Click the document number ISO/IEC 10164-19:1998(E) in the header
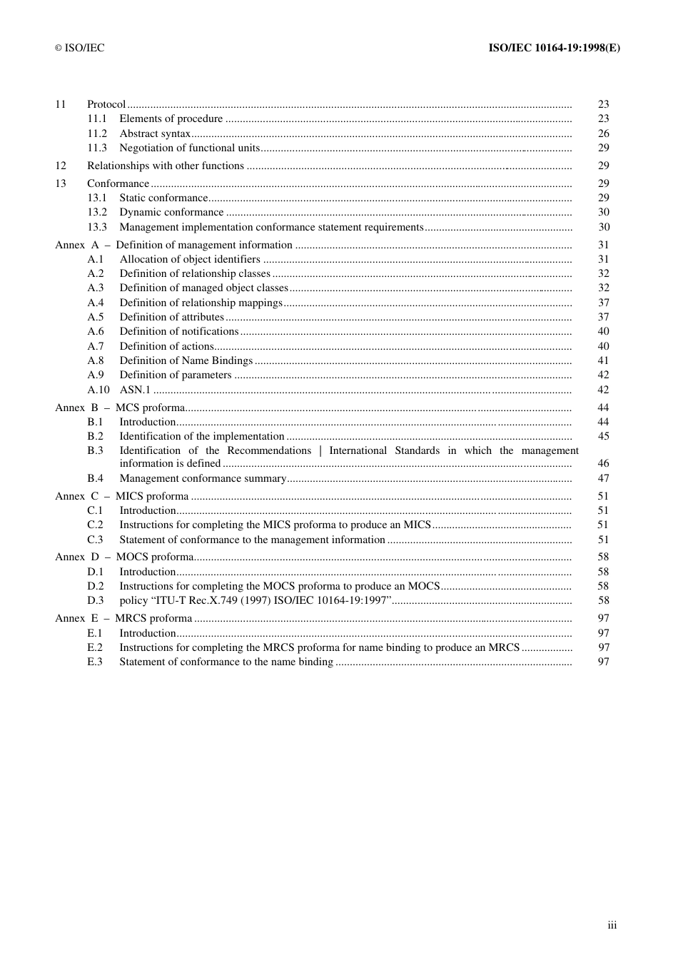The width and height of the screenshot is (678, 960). click(554, 48)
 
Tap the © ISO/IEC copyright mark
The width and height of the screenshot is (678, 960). click(80, 48)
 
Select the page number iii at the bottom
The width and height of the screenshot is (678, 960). click(612, 925)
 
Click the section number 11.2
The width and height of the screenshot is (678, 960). click(97, 133)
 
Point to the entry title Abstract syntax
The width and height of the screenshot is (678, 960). click(155, 133)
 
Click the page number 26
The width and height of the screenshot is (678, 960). click(604, 133)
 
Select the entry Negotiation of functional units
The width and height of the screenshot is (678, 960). click(190, 148)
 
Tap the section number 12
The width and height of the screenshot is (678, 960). click(61, 166)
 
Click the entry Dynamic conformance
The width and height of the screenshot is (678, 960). click(171, 212)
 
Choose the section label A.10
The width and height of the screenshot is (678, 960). click(98, 390)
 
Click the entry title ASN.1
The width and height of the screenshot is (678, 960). click(135, 390)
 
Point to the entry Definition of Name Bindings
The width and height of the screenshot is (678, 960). click(186, 360)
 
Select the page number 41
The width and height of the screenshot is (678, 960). click(604, 360)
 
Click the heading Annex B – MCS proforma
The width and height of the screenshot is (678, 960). click(120, 408)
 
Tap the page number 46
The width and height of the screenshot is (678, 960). click(604, 463)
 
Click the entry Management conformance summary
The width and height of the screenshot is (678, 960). click(203, 478)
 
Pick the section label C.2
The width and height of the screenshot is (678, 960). click(95, 525)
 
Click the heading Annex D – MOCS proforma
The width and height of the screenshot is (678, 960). click(124, 557)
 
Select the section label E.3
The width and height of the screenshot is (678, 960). click(95, 662)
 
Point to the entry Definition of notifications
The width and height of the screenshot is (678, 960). click(179, 331)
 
